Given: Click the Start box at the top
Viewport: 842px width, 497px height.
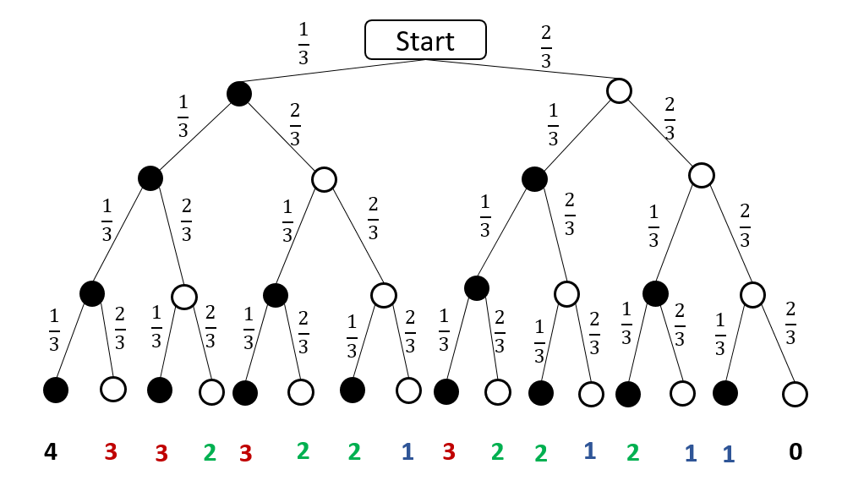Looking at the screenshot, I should point(425,40).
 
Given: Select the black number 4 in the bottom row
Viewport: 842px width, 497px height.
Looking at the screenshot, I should point(51,452).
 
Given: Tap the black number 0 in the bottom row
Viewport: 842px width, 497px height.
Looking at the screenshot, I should point(795,452).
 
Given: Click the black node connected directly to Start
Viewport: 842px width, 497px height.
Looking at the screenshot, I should point(239,94).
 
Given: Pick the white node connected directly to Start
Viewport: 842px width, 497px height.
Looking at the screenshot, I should point(620,90).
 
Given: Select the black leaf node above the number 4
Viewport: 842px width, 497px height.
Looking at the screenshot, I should point(56,390).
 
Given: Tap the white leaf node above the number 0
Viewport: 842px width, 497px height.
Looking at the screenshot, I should point(795,394).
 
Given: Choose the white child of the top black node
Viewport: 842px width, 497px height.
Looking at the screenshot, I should point(324,179).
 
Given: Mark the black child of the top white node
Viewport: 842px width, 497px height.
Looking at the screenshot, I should point(534,178).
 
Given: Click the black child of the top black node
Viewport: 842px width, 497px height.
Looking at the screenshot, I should point(150,178).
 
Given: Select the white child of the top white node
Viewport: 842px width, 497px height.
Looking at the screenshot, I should point(702,175).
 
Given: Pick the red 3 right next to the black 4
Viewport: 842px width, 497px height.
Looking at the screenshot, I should point(110,452).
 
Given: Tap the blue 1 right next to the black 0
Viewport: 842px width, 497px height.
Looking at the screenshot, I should point(727,454).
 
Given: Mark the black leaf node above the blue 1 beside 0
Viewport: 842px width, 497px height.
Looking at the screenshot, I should point(725,393).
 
